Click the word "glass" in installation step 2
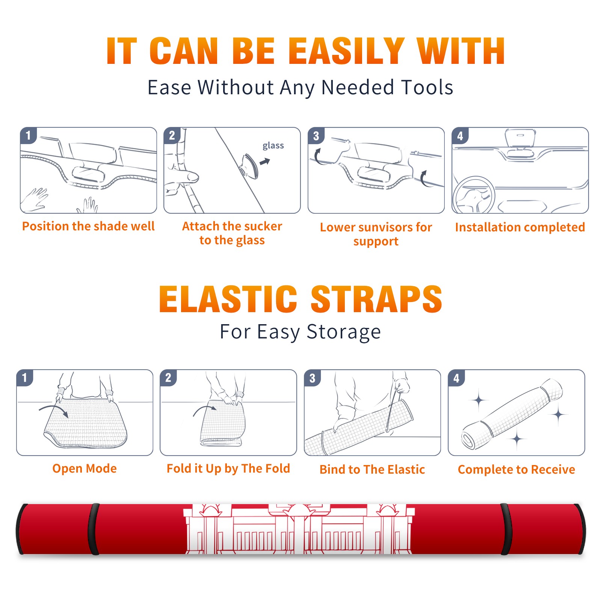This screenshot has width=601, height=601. [x=273, y=146]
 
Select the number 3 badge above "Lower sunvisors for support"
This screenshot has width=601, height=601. [x=316, y=136]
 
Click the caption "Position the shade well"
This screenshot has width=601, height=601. [x=88, y=226]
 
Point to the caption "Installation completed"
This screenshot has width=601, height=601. [x=520, y=227]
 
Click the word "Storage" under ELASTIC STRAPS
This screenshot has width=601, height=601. [x=344, y=332]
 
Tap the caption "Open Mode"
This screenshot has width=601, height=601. [x=85, y=468]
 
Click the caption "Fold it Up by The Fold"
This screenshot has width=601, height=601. [x=228, y=468]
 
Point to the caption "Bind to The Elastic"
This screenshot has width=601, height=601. [x=372, y=470]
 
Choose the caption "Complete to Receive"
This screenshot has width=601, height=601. [x=516, y=470]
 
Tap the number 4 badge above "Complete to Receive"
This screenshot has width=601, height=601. [x=457, y=378]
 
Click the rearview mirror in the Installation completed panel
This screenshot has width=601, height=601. [x=520, y=138]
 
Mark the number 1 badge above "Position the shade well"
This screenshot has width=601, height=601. [x=29, y=136]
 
